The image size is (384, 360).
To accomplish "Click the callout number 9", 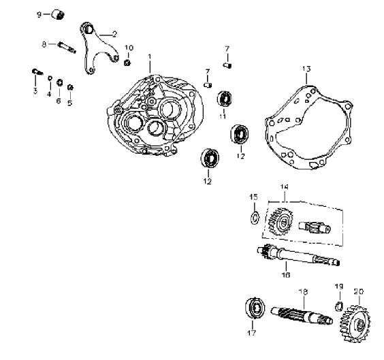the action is coord(39,15).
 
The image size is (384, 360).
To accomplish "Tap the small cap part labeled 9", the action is coord(58,14).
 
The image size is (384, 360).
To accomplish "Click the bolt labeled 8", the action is coord(67,48).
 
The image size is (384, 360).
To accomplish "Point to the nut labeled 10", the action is coord(127,63).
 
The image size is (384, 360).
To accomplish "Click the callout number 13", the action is coord(306,69).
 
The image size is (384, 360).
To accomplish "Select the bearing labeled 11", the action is coord(224,99).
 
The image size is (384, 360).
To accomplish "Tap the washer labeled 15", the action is coord(255,217).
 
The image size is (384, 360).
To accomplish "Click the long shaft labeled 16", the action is coord(298,256).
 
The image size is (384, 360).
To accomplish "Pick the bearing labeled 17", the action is coord(255,308).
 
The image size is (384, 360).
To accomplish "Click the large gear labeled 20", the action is coord(355,323).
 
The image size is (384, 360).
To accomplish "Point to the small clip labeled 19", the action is coord(338,306).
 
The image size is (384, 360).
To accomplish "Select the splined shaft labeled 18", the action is coord(302,316).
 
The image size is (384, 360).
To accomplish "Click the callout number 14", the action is coord(284,187).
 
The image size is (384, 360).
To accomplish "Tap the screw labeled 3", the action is coord(37,72).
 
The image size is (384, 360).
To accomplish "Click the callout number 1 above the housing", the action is coord(150,56).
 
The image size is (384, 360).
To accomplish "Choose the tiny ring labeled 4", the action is coord(50,78).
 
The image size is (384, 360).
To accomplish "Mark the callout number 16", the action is coord(286,275).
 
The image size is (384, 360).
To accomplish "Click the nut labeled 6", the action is coord(59,83).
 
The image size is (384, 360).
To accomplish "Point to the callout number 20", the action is coord(359,291).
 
